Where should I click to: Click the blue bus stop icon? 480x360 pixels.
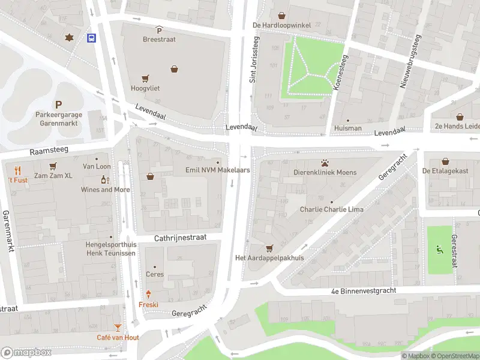point(91,38)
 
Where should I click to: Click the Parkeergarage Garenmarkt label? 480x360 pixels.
point(58,116)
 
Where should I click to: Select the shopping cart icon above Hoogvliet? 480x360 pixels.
point(145,79)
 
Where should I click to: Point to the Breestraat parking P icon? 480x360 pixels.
point(159,30)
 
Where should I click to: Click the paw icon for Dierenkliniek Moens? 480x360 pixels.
point(325,163)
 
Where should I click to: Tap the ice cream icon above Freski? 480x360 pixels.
point(148,294)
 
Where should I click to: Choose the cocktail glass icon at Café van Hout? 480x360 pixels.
point(118,328)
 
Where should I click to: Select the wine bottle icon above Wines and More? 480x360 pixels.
point(104,179)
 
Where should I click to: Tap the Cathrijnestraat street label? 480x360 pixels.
point(180,238)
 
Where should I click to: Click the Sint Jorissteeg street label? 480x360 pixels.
point(254,59)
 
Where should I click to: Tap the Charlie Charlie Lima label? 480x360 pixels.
point(331,210)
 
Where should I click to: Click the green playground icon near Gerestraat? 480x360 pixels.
point(439,249)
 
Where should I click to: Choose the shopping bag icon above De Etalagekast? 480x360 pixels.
point(445,161)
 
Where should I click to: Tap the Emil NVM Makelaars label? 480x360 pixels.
point(217,170)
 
